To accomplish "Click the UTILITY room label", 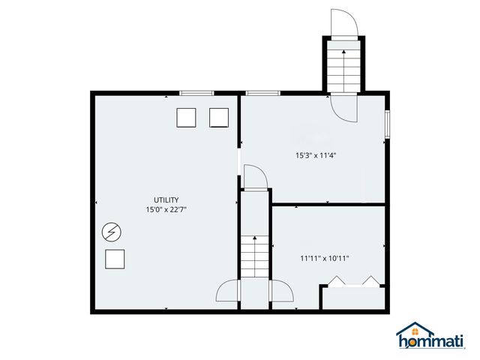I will (166, 199).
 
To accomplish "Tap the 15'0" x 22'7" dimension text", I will (166, 210).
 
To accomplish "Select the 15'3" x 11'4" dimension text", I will (315, 156).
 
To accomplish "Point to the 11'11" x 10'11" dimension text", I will (325, 258).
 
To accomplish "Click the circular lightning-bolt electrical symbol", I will (111, 232).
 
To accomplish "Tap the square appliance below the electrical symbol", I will (115, 259).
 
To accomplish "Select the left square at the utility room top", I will (186, 117).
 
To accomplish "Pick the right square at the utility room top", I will (218, 117).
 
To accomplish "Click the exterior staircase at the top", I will (344, 67).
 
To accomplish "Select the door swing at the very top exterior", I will (345, 22).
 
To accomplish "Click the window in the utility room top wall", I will (196, 93).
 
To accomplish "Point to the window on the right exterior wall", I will (387, 124).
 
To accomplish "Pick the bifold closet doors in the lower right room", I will (352, 281).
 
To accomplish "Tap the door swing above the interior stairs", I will (255, 178).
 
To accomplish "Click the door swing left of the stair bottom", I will (228, 291).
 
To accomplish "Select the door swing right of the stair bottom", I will (282, 291).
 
